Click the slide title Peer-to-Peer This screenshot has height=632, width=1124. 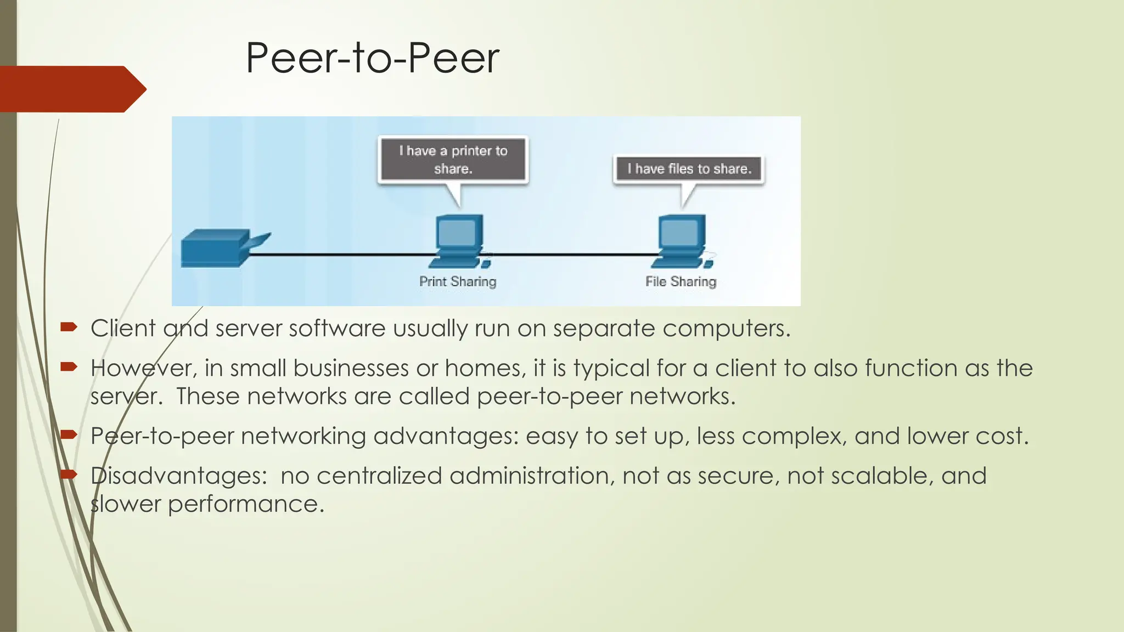[x=372, y=58]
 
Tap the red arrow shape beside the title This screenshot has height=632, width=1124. [x=71, y=89]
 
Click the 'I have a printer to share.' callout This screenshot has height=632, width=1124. [x=453, y=159]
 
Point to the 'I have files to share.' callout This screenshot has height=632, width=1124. [x=689, y=168]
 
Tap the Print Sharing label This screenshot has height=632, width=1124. [x=458, y=281]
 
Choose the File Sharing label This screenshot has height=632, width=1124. [x=681, y=281]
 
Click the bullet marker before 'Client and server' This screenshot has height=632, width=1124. [x=69, y=328]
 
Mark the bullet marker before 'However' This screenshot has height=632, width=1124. [x=69, y=367]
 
